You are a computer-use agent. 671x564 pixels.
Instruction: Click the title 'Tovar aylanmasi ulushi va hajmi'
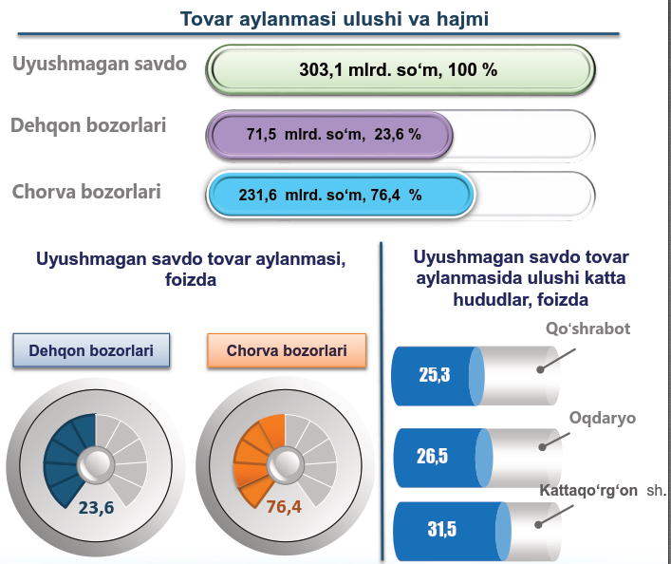(334, 19)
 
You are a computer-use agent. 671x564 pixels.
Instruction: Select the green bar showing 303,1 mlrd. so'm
(401, 69)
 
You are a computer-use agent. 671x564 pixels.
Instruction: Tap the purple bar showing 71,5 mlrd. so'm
(329, 135)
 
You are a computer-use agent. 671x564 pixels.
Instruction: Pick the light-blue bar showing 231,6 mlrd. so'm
(341, 195)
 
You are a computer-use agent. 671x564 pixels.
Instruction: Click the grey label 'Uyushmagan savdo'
(100, 64)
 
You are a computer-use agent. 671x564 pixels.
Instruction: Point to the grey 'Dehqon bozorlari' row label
(88, 125)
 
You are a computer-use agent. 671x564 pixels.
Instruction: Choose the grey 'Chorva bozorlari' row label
(86, 192)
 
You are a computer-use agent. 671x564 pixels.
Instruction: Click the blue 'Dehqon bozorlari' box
(91, 350)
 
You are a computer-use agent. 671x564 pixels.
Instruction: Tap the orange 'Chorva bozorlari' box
(287, 350)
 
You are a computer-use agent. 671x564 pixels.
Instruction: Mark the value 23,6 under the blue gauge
(96, 507)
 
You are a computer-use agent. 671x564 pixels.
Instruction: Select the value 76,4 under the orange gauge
(284, 507)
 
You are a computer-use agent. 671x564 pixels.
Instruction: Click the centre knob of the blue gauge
(96, 464)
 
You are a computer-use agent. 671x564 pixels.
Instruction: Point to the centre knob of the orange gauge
(286, 464)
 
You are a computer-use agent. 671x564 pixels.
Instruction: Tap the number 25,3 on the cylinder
(435, 375)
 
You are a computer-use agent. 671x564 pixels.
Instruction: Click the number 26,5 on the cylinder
(432, 456)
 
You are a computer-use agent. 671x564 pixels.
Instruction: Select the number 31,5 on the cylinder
(442, 529)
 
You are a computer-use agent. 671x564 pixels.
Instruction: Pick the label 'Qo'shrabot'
(588, 329)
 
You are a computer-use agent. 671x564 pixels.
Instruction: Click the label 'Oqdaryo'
(603, 418)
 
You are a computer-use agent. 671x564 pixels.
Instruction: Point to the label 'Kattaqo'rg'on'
(588, 490)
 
